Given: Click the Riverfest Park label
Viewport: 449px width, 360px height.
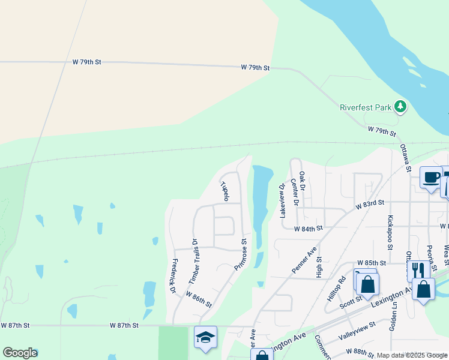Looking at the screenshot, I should point(365,108).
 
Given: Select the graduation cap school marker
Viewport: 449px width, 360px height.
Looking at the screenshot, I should point(205,337).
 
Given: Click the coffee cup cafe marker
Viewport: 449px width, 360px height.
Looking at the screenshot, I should point(430,178).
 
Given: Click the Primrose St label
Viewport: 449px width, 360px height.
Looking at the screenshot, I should point(240,255).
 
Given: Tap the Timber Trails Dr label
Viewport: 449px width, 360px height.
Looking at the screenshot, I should point(193,262).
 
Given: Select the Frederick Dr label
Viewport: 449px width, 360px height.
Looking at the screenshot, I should point(174,276).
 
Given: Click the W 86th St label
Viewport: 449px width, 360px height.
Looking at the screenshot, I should point(199,299).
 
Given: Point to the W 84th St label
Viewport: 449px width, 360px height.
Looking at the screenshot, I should point(309,229).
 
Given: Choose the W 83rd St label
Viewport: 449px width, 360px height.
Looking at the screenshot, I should point(369,205).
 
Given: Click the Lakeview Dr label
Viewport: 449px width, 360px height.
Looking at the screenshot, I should point(282,200).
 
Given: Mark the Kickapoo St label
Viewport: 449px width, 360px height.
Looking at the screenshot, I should point(390,233).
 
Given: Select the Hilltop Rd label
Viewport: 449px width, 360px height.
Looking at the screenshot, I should point(342,288).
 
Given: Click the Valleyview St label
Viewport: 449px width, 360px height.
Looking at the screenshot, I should point(357,331).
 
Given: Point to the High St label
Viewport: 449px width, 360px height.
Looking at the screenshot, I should point(319,268).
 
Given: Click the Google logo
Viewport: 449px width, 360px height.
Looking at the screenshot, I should point(20,352).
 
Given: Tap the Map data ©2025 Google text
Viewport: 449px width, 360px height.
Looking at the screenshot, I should point(412,355).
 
